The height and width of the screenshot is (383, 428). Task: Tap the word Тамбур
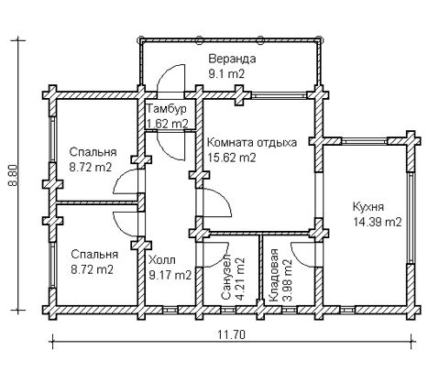[167, 109]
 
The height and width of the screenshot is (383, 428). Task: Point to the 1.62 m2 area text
[168, 123]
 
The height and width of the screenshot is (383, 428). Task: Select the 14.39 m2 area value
[377, 222]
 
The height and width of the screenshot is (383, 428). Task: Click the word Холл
[162, 259]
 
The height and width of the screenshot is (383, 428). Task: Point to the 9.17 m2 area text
[170, 274]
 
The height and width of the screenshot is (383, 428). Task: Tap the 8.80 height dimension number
[12, 175]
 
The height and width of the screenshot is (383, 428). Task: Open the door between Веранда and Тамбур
[170, 84]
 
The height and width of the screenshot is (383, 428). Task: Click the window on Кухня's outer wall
[410, 211]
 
